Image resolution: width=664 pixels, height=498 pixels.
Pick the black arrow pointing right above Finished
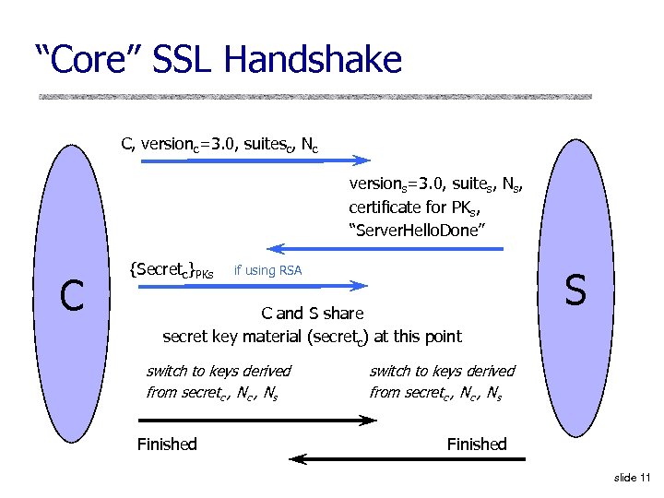click(x=257, y=421)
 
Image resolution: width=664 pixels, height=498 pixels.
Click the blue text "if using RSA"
click(x=267, y=270)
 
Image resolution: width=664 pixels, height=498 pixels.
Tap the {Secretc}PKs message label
click(x=172, y=270)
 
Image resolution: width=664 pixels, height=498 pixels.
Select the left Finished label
click(x=167, y=445)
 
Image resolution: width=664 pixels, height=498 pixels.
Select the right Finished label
click(x=477, y=445)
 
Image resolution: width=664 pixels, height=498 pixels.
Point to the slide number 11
click(x=632, y=477)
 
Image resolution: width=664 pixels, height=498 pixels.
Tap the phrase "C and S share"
click(x=313, y=314)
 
